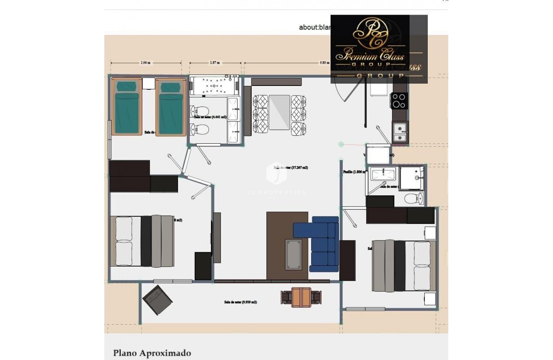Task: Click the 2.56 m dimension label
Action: click(145, 63)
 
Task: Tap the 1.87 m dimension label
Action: click(215, 63)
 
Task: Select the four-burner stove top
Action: click(399, 101)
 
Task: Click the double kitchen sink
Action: click(400, 132)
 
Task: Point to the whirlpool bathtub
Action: click(214, 86)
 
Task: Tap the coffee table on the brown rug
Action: click(293, 254)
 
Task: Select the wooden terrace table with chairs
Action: click(301, 297)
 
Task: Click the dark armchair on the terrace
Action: click(157, 300)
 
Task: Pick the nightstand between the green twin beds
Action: click(148, 83)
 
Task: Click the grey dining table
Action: click(279, 112)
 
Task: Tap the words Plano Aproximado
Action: click(152, 353)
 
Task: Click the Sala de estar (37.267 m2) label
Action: click(291, 167)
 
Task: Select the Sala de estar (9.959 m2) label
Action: click(240, 302)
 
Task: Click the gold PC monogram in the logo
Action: click(370, 34)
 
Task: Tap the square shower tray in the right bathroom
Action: click(411, 178)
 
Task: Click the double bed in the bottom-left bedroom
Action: click(142, 241)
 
